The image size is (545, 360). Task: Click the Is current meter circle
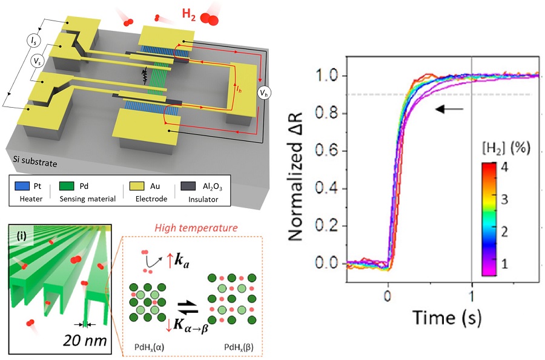33,41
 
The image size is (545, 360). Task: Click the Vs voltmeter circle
37,62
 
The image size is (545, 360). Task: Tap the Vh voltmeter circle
264,93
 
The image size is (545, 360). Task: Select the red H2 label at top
189,15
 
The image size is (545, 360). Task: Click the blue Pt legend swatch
22,186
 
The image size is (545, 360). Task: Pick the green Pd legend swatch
67,186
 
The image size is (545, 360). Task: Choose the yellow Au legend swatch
137,186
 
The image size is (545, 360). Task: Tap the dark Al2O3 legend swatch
188,186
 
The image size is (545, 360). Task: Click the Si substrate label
35,161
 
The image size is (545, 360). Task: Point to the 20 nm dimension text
85,340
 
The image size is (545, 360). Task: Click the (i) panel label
22,236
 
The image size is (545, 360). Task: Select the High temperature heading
196,228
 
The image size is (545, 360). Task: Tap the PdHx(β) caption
239,347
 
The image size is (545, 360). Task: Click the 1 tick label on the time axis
472,296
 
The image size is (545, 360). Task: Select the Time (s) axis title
447,318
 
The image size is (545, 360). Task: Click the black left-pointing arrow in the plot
449,110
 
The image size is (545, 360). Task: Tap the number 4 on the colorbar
504,167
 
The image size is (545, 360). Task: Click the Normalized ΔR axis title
296,176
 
